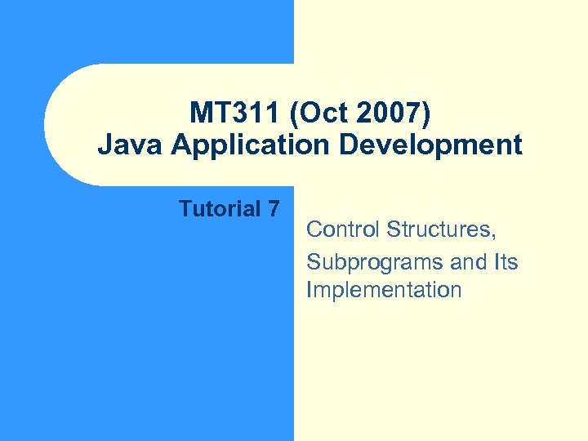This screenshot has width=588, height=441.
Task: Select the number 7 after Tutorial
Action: (274, 209)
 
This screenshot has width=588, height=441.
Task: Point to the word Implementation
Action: (384, 291)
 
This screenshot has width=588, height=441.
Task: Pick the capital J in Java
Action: (104, 145)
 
